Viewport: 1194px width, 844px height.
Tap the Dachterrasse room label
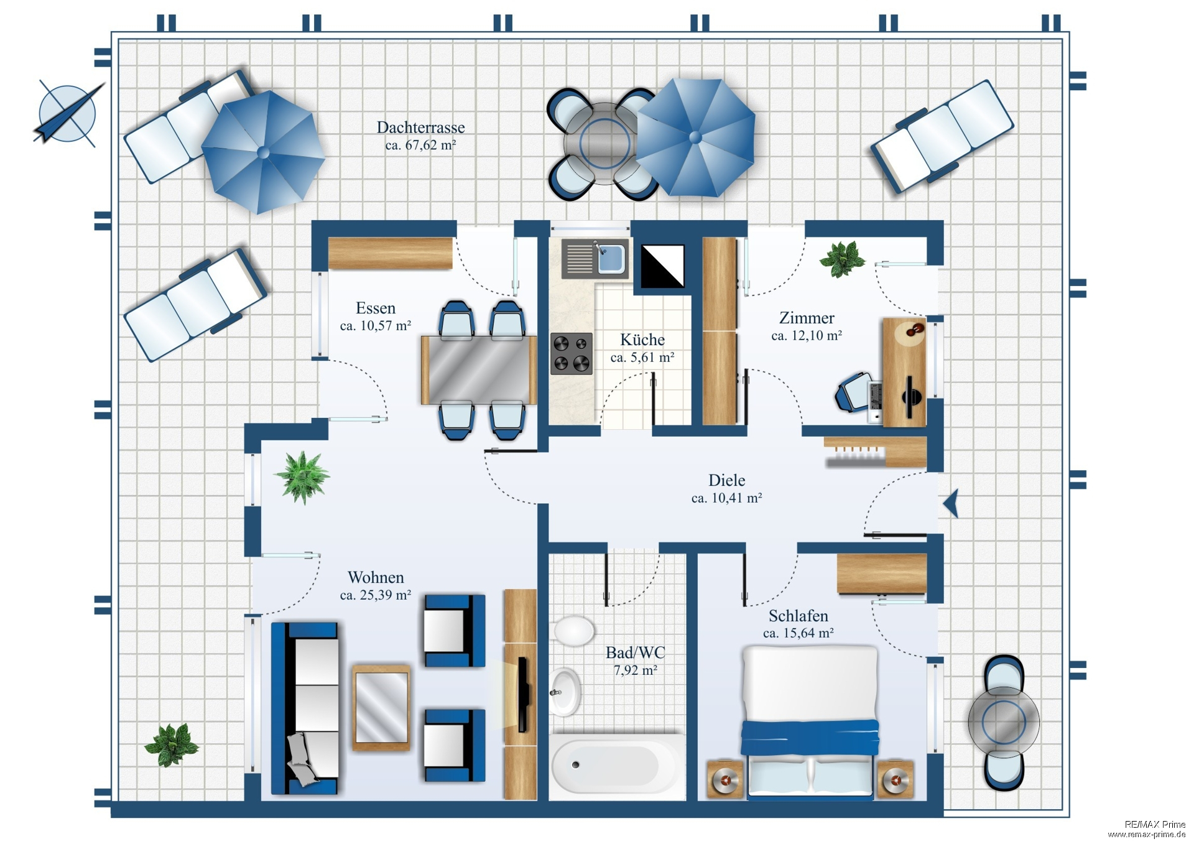(420, 128)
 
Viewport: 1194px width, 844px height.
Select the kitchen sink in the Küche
(595, 258)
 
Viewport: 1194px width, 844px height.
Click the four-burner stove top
(571, 353)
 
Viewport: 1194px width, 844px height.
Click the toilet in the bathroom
(572, 631)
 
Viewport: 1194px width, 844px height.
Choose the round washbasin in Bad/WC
(565, 692)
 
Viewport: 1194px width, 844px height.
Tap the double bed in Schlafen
(810, 721)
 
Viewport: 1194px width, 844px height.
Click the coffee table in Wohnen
(381, 708)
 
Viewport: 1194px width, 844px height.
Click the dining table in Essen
(478, 370)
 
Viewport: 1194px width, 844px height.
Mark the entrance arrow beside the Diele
(951, 503)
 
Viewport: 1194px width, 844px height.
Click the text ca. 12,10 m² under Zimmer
(807, 336)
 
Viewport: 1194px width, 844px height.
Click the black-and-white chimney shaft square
(662, 266)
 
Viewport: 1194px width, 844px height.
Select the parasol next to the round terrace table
(695, 137)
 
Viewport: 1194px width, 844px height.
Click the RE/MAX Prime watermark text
(1154, 824)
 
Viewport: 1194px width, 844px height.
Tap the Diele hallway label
(726, 480)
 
